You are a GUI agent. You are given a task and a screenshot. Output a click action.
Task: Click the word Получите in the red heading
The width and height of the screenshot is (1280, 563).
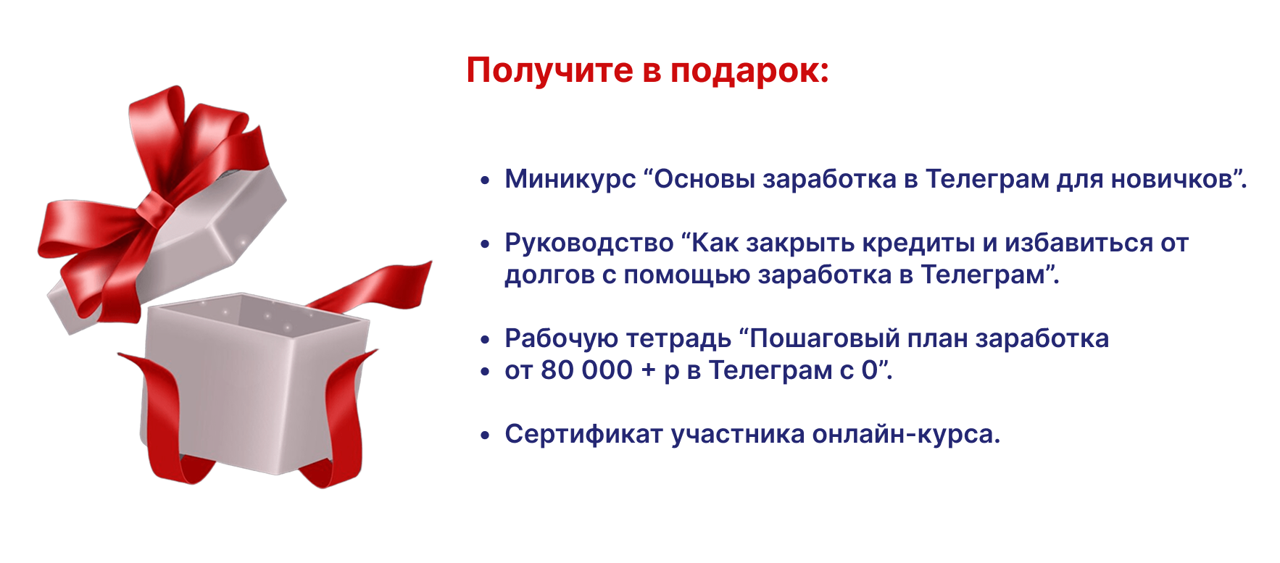click(549, 71)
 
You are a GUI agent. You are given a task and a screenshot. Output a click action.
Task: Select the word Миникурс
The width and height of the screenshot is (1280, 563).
click(570, 179)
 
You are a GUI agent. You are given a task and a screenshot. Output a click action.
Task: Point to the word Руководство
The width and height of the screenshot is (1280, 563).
click(589, 243)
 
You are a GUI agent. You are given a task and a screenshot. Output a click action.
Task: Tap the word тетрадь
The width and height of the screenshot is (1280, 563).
click(678, 339)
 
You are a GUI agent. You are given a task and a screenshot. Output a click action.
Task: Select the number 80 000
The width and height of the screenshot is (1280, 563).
click(586, 370)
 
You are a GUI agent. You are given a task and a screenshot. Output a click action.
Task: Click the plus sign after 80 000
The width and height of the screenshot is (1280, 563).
click(648, 371)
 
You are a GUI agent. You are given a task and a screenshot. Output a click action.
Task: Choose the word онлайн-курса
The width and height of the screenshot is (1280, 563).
click(906, 435)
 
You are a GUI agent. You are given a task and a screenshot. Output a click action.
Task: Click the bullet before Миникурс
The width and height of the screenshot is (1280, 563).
click(486, 180)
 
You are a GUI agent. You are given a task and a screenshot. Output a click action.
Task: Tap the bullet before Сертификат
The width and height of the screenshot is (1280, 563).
click(486, 435)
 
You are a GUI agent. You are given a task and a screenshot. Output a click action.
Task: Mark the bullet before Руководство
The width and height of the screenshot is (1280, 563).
click(486, 244)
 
